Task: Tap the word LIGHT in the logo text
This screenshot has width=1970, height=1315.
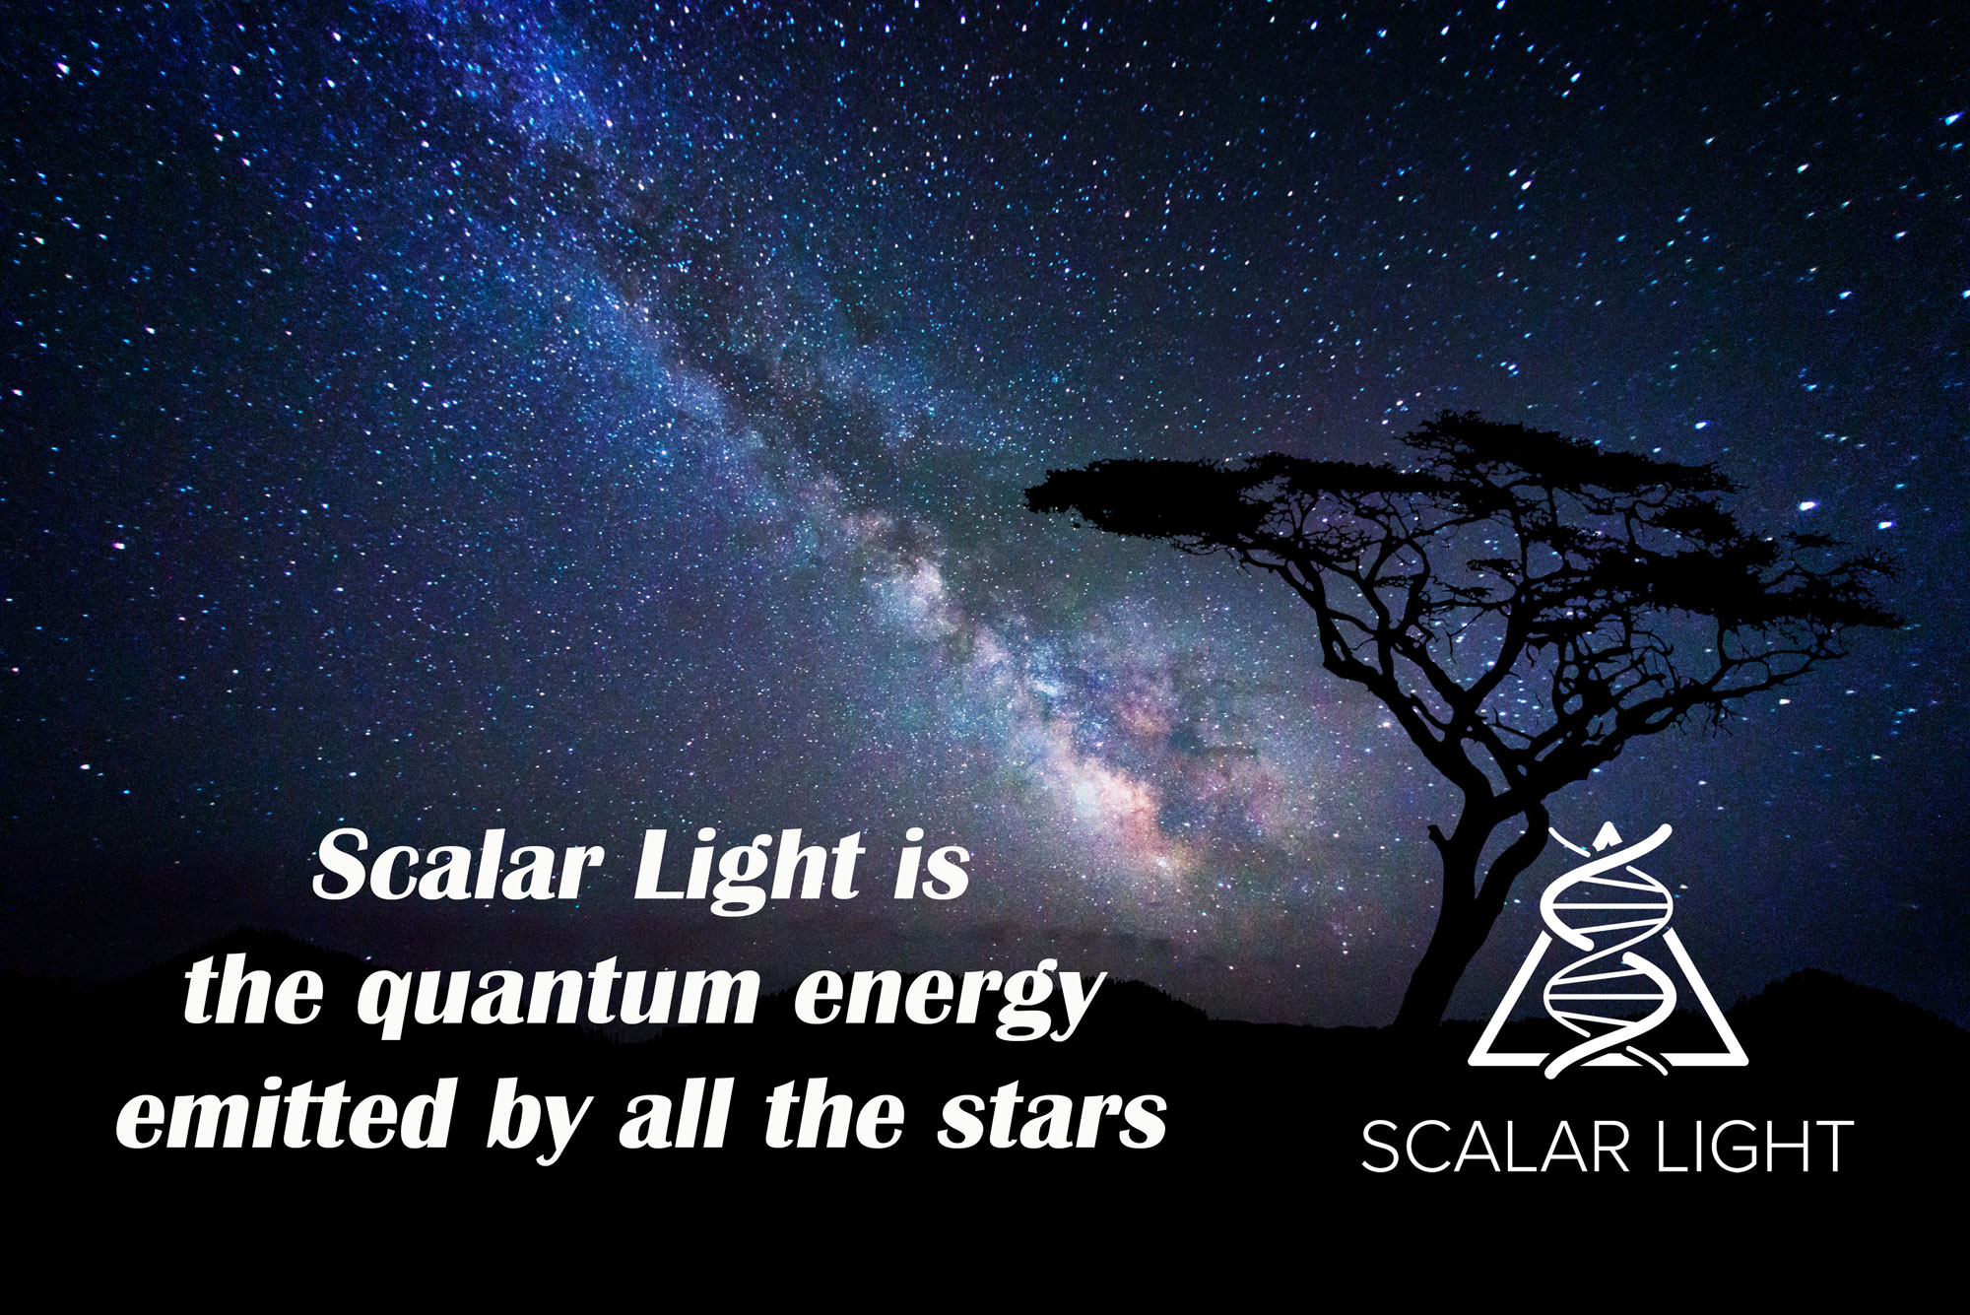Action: tap(1754, 1147)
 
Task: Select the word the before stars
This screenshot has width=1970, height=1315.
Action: tap(834, 1112)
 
